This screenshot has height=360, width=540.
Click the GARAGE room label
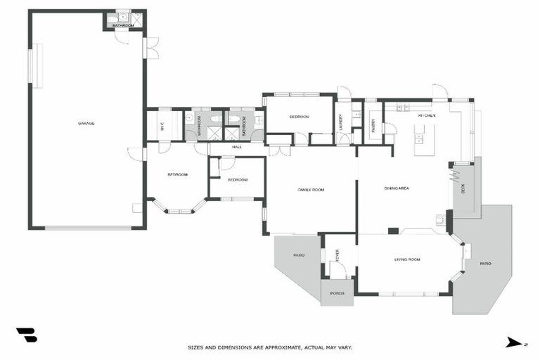click(x=86, y=123)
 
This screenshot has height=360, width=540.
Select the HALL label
click(x=237, y=147)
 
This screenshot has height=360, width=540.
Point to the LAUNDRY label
click(x=340, y=122)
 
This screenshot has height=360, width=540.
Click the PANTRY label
click(x=373, y=125)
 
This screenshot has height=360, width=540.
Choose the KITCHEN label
click(x=427, y=115)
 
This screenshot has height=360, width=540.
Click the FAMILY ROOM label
click(x=310, y=190)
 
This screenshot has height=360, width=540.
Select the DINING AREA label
click(x=397, y=188)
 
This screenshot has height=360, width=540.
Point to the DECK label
click(x=463, y=188)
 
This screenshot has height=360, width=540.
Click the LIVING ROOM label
click(x=407, y=260)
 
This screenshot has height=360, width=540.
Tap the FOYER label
click(x=337, y=254)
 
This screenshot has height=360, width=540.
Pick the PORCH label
click(x=337, y=292)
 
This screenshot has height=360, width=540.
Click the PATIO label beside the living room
click(x=485, y=264)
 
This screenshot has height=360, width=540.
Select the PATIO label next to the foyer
click(x=298, y=255)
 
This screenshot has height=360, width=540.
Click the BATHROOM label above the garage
click(x=123, y=25)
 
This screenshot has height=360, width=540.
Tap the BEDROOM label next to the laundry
click(x=299, y=117)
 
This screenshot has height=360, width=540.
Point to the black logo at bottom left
click(x=26, y=335)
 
